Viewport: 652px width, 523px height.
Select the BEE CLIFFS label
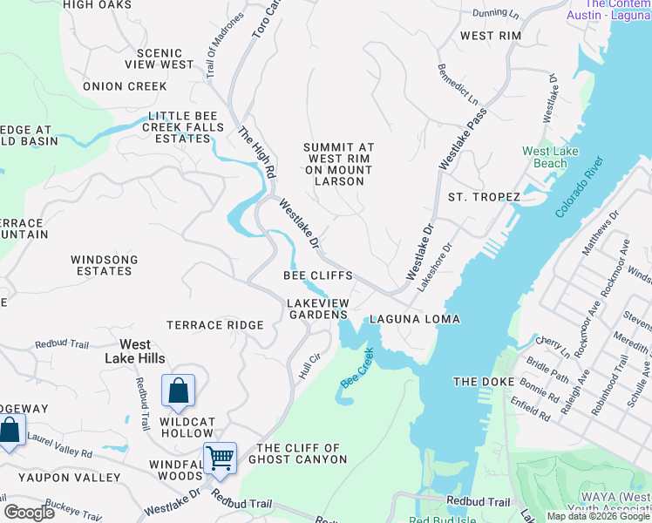tap(318, 275)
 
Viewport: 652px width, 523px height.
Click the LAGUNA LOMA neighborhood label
tap(414, 319)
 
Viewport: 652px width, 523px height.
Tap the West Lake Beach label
tap(550, 157)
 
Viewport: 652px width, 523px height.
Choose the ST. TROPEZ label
tap(484, 197)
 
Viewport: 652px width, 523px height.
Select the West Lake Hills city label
tap(135, 351)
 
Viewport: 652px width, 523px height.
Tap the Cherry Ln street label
tap(553, 347)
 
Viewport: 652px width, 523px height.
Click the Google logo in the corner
tap(29, 512)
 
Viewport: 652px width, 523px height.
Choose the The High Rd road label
tap(256, 153)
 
